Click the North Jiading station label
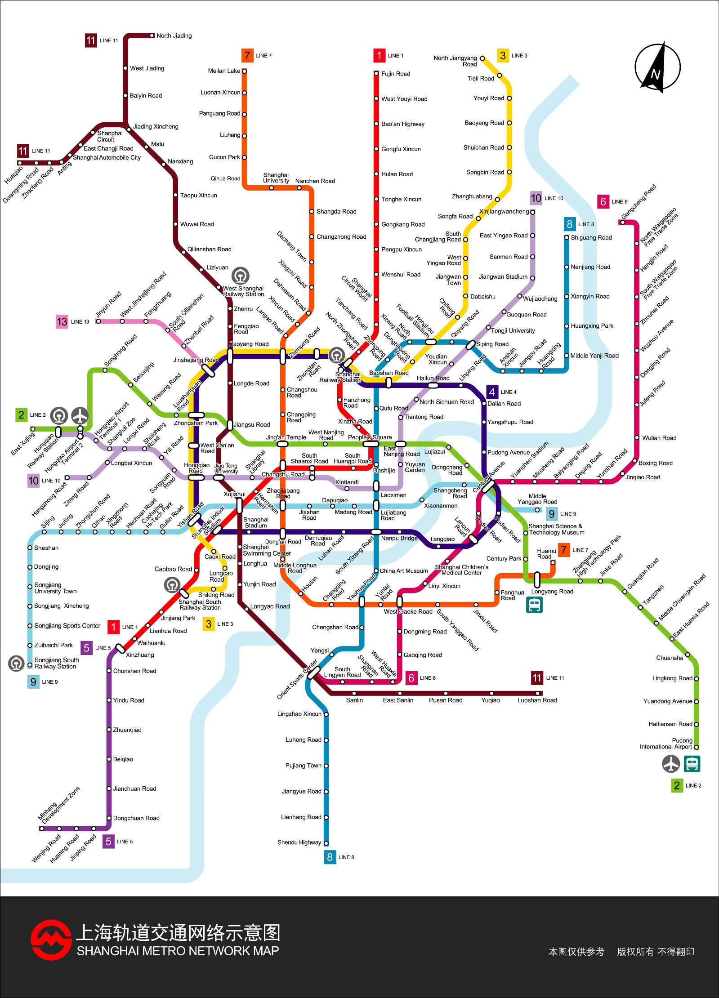click(174, 36)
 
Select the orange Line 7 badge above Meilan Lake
click(247, 56)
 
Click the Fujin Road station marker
click(376, 73)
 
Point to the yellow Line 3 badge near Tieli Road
click(503, 56)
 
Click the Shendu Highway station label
click(299, 842)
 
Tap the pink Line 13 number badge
click(62, 321)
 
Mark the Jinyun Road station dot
click(98, 321)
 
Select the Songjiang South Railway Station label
click(57, 663)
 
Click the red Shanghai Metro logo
click(51, 941)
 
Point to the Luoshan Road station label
click(537, 700)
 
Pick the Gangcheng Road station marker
click(622, 222)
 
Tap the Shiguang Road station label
click(591, 238)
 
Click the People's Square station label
click(370, 437)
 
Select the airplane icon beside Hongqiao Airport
click(80, 415)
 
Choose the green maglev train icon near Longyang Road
click(535, 605)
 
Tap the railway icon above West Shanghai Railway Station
click(241, 275)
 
